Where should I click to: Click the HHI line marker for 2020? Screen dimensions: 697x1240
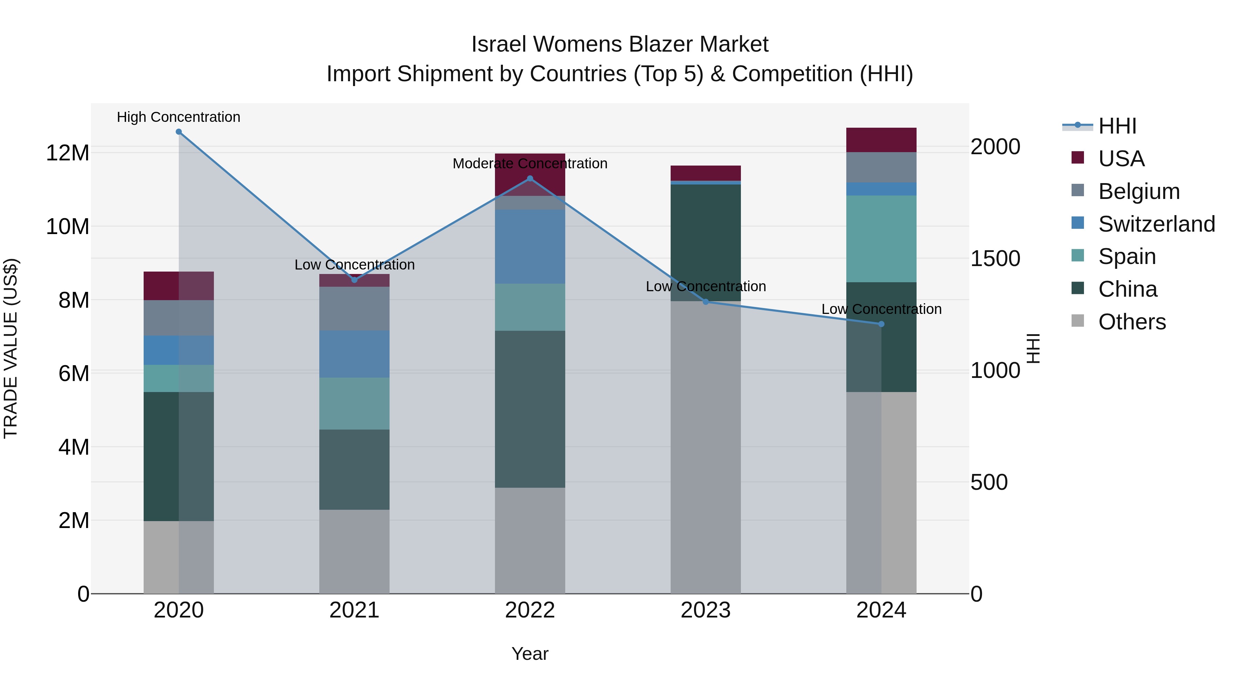pos(178,132)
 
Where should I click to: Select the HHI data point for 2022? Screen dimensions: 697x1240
pos(530,178)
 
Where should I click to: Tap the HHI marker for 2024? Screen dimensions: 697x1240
pos(881,324)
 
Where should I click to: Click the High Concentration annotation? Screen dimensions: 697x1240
pos(178,117)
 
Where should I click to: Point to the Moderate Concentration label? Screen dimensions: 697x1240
pos(530,163)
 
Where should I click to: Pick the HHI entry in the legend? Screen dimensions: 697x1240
pos(1117,126)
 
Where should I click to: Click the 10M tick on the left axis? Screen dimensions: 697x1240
pos(68,226)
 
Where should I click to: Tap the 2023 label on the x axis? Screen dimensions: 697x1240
pos(706,610)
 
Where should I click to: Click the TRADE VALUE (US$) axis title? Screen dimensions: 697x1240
pos(11,348)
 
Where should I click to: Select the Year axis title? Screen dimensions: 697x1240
pos(530,654)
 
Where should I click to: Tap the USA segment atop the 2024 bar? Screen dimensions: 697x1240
pos(881,140)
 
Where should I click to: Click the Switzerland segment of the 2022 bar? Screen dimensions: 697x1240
pos(530,246)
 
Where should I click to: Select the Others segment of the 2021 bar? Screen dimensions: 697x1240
pos(354,551)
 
